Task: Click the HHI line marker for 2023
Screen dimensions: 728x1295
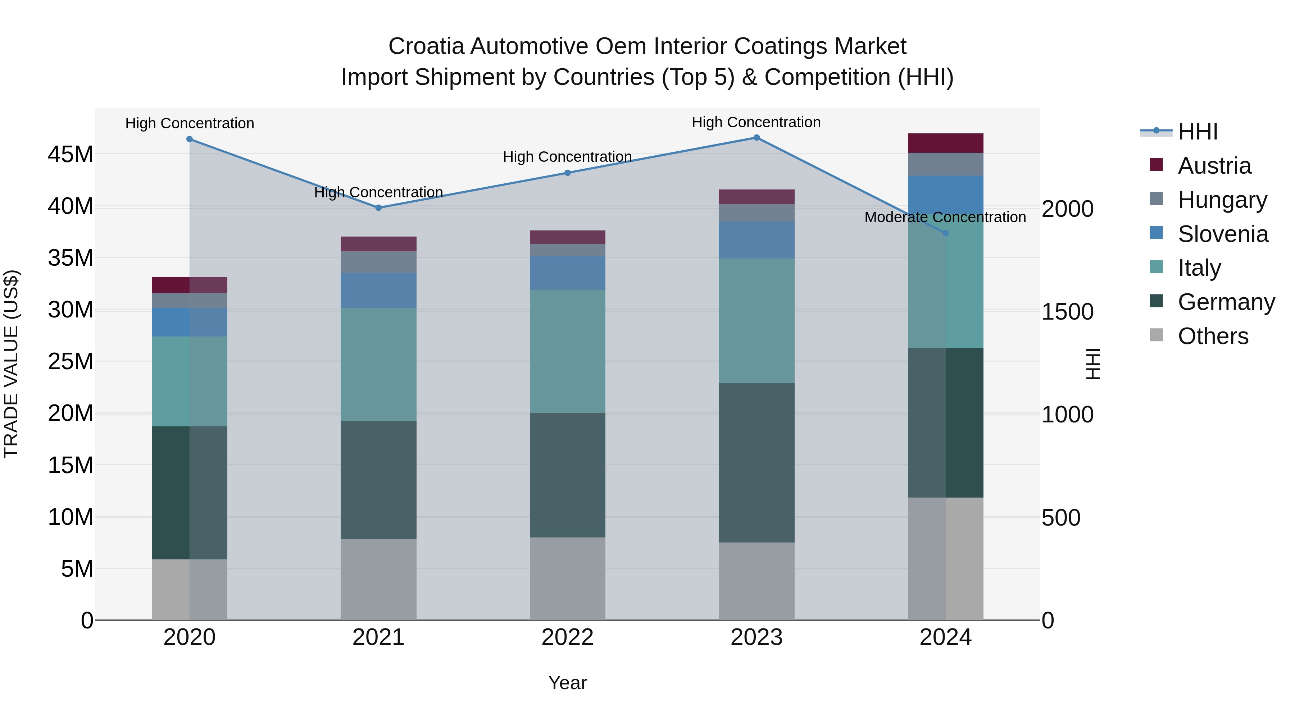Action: click(756, 138)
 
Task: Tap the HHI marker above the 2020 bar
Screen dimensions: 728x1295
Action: click(190, 139)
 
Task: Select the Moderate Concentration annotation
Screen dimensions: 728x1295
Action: click(945, 217)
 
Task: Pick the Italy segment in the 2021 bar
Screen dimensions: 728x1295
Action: click(378, 364)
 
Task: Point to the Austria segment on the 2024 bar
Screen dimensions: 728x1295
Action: click(945, 143)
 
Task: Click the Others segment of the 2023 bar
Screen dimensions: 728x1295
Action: click(756, 581)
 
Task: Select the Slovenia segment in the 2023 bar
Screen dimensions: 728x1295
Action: click(756, 240)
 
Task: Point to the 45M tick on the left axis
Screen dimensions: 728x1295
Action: click(71, 154)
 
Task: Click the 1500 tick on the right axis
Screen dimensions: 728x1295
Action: click(1067, 312)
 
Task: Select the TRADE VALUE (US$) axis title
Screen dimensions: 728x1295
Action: click(11, 364)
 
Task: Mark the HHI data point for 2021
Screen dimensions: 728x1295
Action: click(378, 207)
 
